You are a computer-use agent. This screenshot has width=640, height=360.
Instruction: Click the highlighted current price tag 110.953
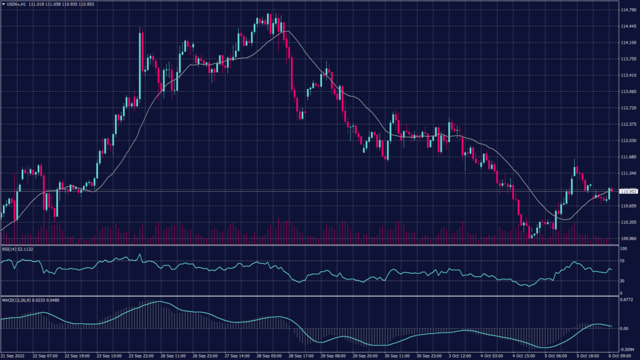[x=627, y=191]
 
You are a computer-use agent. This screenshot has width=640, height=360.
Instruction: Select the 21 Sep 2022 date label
[x=12, y=356]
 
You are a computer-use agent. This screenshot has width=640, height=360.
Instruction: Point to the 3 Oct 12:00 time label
[x=460, y=356]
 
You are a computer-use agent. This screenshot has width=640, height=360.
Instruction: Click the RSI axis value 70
[x=622, y=261]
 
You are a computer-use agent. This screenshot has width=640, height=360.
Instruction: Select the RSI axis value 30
[x=622, y=281]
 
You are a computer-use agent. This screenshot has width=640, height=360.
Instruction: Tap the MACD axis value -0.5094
[x=627, y=349]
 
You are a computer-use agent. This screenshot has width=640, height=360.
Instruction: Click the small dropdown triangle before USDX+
[x=3, y=4]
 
